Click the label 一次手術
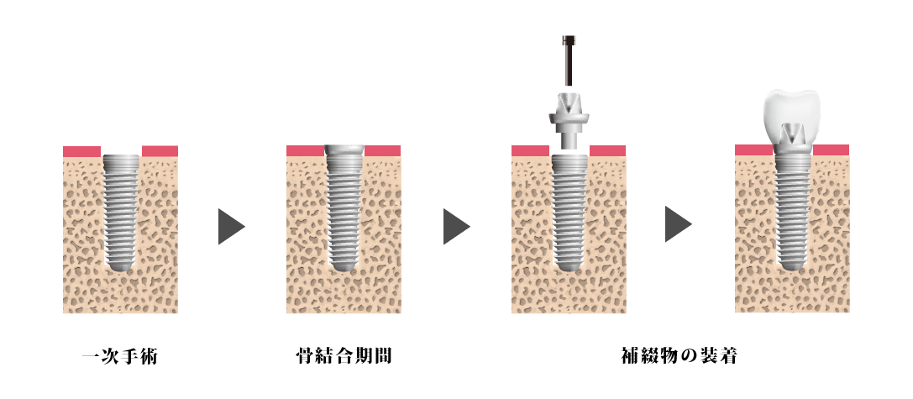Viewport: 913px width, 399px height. [120, 357]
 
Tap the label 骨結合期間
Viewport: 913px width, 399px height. [344, 357]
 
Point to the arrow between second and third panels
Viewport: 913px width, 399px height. [455, 227]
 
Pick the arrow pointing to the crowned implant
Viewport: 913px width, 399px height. [677, 224]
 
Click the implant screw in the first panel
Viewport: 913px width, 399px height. [121, 210]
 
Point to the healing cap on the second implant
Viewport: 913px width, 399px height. [344, 150]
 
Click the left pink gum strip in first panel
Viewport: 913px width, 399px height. [81, 152]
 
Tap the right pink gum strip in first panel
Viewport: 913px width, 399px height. [160, 151]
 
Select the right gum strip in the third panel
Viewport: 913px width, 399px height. [607, 151]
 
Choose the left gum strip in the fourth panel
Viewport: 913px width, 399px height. [753, 150]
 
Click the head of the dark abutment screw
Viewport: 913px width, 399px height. [569, 39]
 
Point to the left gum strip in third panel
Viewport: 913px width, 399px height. [530, 151]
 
